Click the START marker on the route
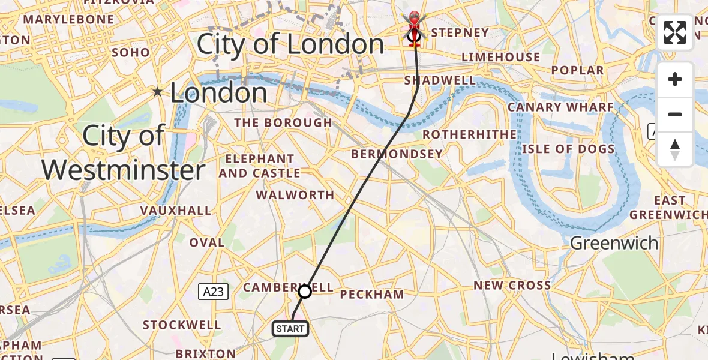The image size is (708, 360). [291, 328]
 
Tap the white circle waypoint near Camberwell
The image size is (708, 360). [305, 292]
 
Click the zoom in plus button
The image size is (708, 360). [675, 80]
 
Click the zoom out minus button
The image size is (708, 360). [675, 114]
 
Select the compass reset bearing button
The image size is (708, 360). [675, 149]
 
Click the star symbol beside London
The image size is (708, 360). [158, 92]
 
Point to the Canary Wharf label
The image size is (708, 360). [560, 107]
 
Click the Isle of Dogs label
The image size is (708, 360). [568, 149]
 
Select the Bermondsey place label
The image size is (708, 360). [397, 154]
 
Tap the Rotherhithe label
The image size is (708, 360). [469, 134]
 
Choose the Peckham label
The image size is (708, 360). [372, 295]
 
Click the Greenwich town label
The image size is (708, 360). [614, 243]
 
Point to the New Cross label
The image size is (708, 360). [512, 286]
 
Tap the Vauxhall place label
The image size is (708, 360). [176, 211]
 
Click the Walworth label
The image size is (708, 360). [295, 195]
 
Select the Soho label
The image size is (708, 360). [131, 52]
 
